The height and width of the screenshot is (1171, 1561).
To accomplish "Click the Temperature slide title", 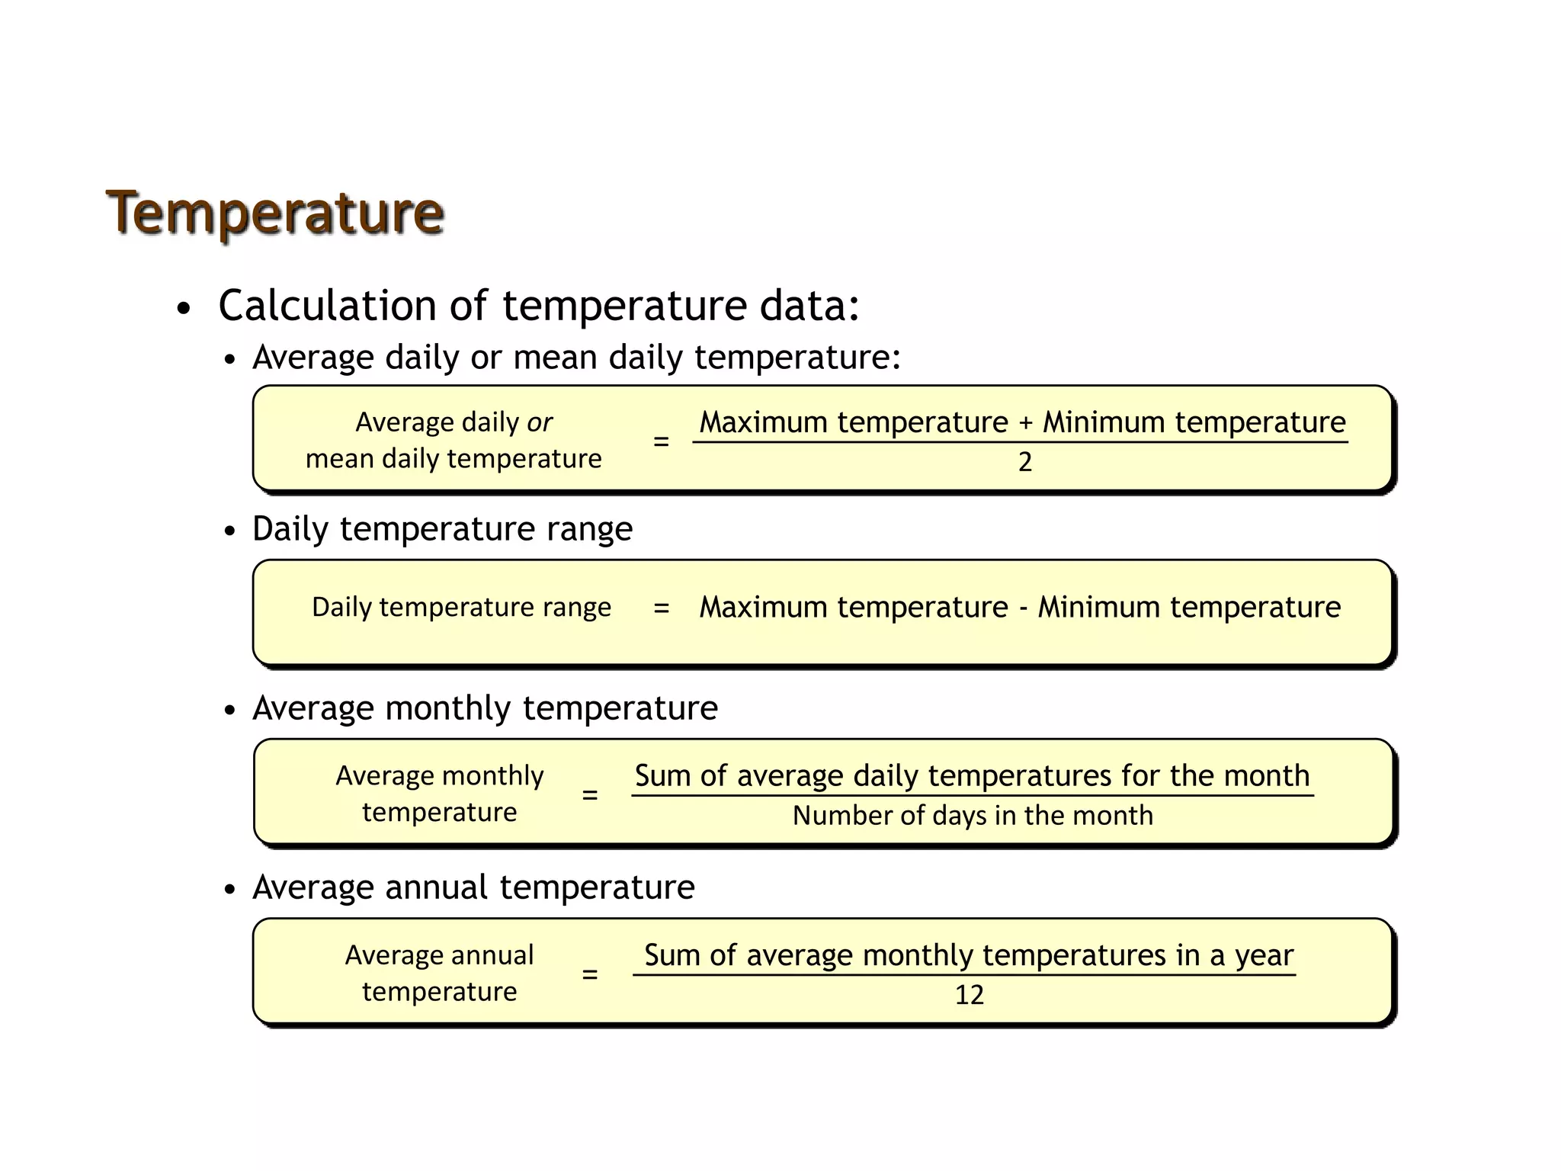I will pos(274,212).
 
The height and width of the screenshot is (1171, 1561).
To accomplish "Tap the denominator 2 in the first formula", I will pos(1024,462).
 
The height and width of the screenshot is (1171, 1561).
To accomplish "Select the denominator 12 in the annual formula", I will pos(969,995).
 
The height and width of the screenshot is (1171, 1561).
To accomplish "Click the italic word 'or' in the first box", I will pos(539,422).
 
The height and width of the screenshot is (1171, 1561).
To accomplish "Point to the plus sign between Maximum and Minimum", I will pos(1025,422).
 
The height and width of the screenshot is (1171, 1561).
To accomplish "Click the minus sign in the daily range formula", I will pos(1023,608).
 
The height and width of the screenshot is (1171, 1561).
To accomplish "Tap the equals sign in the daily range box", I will pos(661,608).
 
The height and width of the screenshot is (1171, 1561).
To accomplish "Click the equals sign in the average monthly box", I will pos(589,795).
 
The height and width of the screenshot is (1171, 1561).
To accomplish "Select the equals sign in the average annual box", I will pos(589,974).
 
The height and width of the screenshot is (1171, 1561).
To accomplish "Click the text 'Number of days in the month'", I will pos(973,816).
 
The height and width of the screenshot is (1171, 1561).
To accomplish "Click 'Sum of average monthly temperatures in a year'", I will pos(968,955).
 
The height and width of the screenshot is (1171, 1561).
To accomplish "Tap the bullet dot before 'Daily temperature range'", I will pos(230,531).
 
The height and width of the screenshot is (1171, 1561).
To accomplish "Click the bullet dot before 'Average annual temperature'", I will pos(230,890).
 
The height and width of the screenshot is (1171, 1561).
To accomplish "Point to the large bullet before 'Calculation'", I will pos(183,309).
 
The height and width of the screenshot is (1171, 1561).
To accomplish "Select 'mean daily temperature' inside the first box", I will pos(454,459).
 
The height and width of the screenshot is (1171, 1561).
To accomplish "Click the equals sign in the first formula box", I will pos(661,441).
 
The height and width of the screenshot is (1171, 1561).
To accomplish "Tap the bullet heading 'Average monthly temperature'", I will pos(485,708).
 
